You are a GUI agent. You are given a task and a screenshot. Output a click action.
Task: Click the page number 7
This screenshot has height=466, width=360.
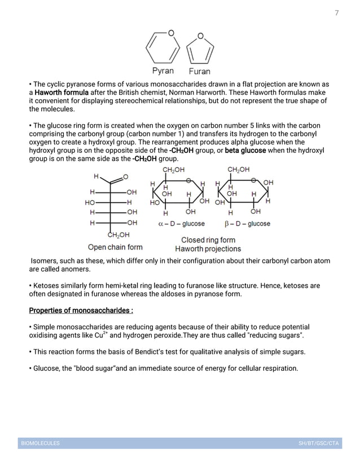point(337,13)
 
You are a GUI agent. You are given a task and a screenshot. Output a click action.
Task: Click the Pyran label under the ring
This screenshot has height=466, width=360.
point(163,71)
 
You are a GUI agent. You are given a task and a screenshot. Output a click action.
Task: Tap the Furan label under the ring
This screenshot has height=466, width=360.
point(199,72)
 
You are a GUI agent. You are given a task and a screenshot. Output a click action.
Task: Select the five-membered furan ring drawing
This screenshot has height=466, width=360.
point(200,50)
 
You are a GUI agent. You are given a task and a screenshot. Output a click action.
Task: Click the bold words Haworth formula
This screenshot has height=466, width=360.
point(62,93)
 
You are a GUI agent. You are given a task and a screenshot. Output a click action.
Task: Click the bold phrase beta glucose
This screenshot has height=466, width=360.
point(245,151)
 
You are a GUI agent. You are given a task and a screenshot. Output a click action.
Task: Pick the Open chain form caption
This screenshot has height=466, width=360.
point(115,247)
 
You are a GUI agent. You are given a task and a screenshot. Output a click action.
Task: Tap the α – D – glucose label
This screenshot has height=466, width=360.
point(182,224)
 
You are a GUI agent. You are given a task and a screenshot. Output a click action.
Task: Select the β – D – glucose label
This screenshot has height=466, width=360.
point(247,224)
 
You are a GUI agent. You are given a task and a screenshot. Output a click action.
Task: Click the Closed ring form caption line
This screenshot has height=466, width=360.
point(208,240)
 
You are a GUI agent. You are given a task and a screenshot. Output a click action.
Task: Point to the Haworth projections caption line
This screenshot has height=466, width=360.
point(208,249)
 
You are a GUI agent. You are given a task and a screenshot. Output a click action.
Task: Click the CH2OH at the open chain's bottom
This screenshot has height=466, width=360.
point(118,235)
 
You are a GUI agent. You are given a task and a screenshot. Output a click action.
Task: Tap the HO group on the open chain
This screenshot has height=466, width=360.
point(90,202)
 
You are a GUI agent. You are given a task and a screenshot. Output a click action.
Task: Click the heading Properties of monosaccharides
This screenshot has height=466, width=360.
point(81,311)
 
